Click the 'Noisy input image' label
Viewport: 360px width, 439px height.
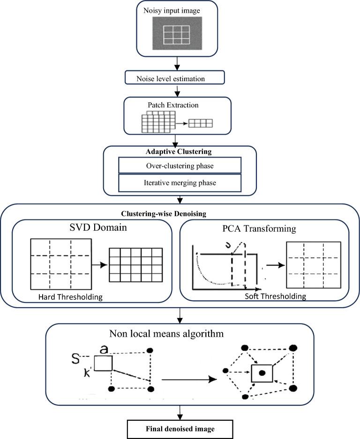click(x=177, y=10)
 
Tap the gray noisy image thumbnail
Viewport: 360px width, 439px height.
click(x=177, y=33)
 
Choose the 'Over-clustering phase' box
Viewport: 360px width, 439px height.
click(x=180, y=165)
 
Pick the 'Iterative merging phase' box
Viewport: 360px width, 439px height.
click(x=180, y=182)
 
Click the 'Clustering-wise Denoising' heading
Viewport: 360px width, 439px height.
click(x=180, y=213)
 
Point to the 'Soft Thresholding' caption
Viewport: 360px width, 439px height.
click(x=276, y=296)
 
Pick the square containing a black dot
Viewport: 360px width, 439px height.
click(x=262, y=373)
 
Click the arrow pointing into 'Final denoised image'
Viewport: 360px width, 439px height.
click(x=180, y=413)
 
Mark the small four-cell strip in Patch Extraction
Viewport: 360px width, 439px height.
click(x=200, y=123)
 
